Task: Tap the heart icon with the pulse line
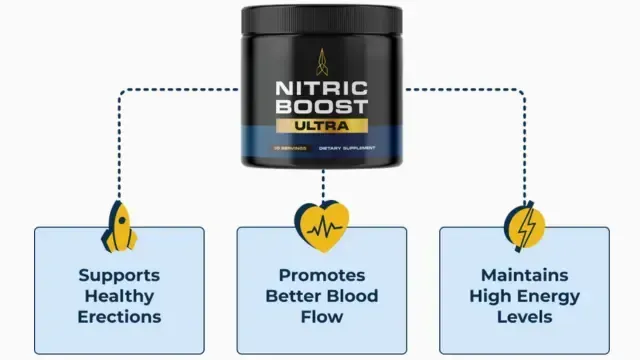tap(322, 226)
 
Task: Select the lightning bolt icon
tap(525, 226)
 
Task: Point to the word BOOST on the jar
tap(322, 106)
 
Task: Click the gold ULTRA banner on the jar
tap(322, 127)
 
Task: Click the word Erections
tap(119, 317)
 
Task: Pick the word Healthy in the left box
tap(119, 295)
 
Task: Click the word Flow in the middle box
tap(321, 317)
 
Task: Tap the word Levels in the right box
tap(524, 317)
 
